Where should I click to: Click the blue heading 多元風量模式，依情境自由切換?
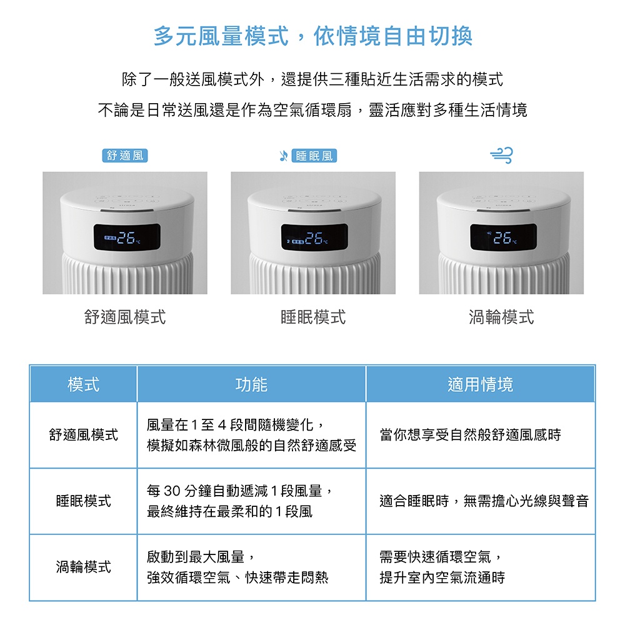point(313,36)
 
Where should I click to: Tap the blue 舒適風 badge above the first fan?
point(125,156)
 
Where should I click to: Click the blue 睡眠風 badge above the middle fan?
point(314,156)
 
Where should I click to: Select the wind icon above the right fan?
point(501,155)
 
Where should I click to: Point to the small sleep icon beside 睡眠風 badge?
point(283,156)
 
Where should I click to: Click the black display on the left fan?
point(127,237)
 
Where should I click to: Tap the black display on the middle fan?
point(314,237)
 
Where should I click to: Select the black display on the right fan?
point(503,237)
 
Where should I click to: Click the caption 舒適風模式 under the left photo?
point(125,317)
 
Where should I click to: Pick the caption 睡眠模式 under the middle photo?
point(313,317)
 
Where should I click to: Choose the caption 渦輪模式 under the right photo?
point(501,317)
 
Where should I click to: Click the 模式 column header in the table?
point(83,384)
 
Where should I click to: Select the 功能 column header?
point(251,384)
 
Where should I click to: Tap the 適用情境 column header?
point(480,384)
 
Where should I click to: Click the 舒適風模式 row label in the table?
point(83,434)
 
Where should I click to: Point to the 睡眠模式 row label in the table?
point(83,501)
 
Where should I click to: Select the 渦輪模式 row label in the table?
point(83,566)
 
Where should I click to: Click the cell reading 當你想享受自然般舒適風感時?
point(471,434)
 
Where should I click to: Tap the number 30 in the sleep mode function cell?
point(172,491)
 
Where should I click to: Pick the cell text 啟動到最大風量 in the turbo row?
point(195,556)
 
